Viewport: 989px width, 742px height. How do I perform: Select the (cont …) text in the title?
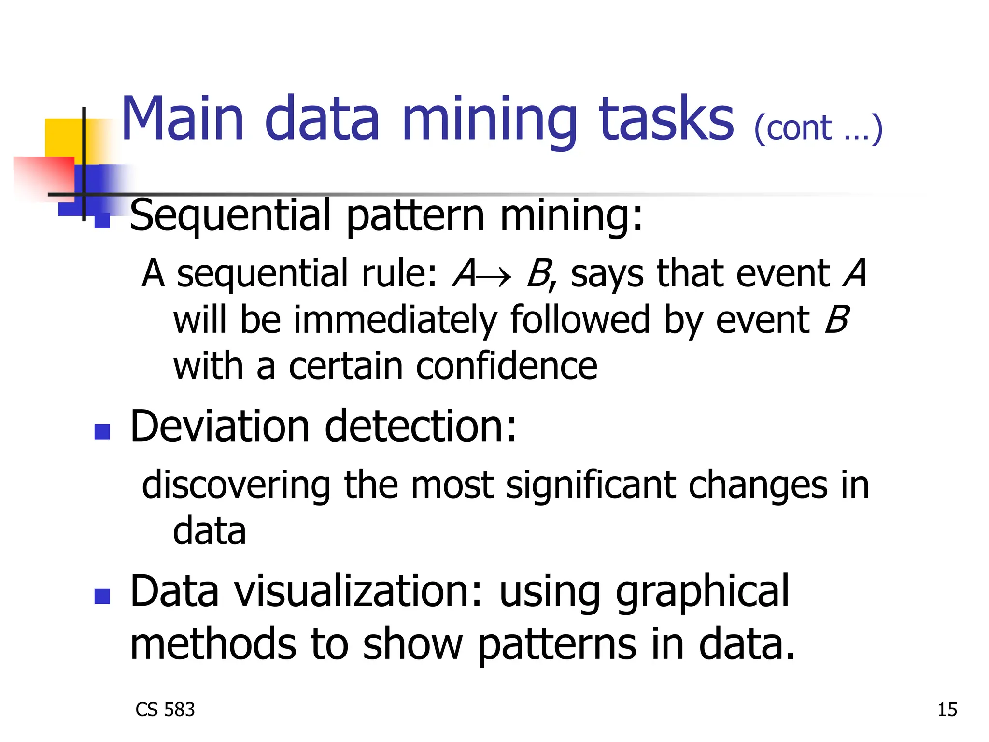click(x=818, y=128)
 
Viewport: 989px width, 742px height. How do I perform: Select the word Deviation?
click(x=220, y=426)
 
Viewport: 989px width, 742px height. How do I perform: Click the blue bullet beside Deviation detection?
click(x=102, y=431)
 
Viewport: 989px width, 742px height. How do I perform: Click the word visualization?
click(x=358, y=592)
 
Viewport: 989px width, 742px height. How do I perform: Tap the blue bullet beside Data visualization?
click(x=102, y=597)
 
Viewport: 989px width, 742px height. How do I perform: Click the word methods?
click(x=213, y=643)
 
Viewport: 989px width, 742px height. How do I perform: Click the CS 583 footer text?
click(x=165, y=710)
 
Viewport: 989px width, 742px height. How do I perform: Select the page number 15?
click(x=947, y=710)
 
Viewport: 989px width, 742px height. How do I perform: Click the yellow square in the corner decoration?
click(x=63, y=137)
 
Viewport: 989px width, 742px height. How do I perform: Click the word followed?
click(x=580, y=320)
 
